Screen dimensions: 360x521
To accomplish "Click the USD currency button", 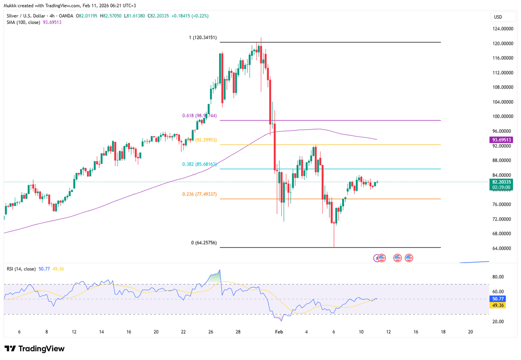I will (498, 17).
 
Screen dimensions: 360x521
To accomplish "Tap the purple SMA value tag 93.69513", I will (502, 140).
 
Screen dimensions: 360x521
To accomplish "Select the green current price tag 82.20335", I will (502, 182).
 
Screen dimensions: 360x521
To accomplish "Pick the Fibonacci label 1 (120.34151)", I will (203, 38).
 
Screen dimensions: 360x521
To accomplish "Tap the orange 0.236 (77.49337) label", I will (199, 194).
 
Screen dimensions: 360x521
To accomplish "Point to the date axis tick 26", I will (210, 332).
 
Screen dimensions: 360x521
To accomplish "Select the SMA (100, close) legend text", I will (23, 22).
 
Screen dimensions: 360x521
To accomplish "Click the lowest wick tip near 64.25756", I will (334, 247).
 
